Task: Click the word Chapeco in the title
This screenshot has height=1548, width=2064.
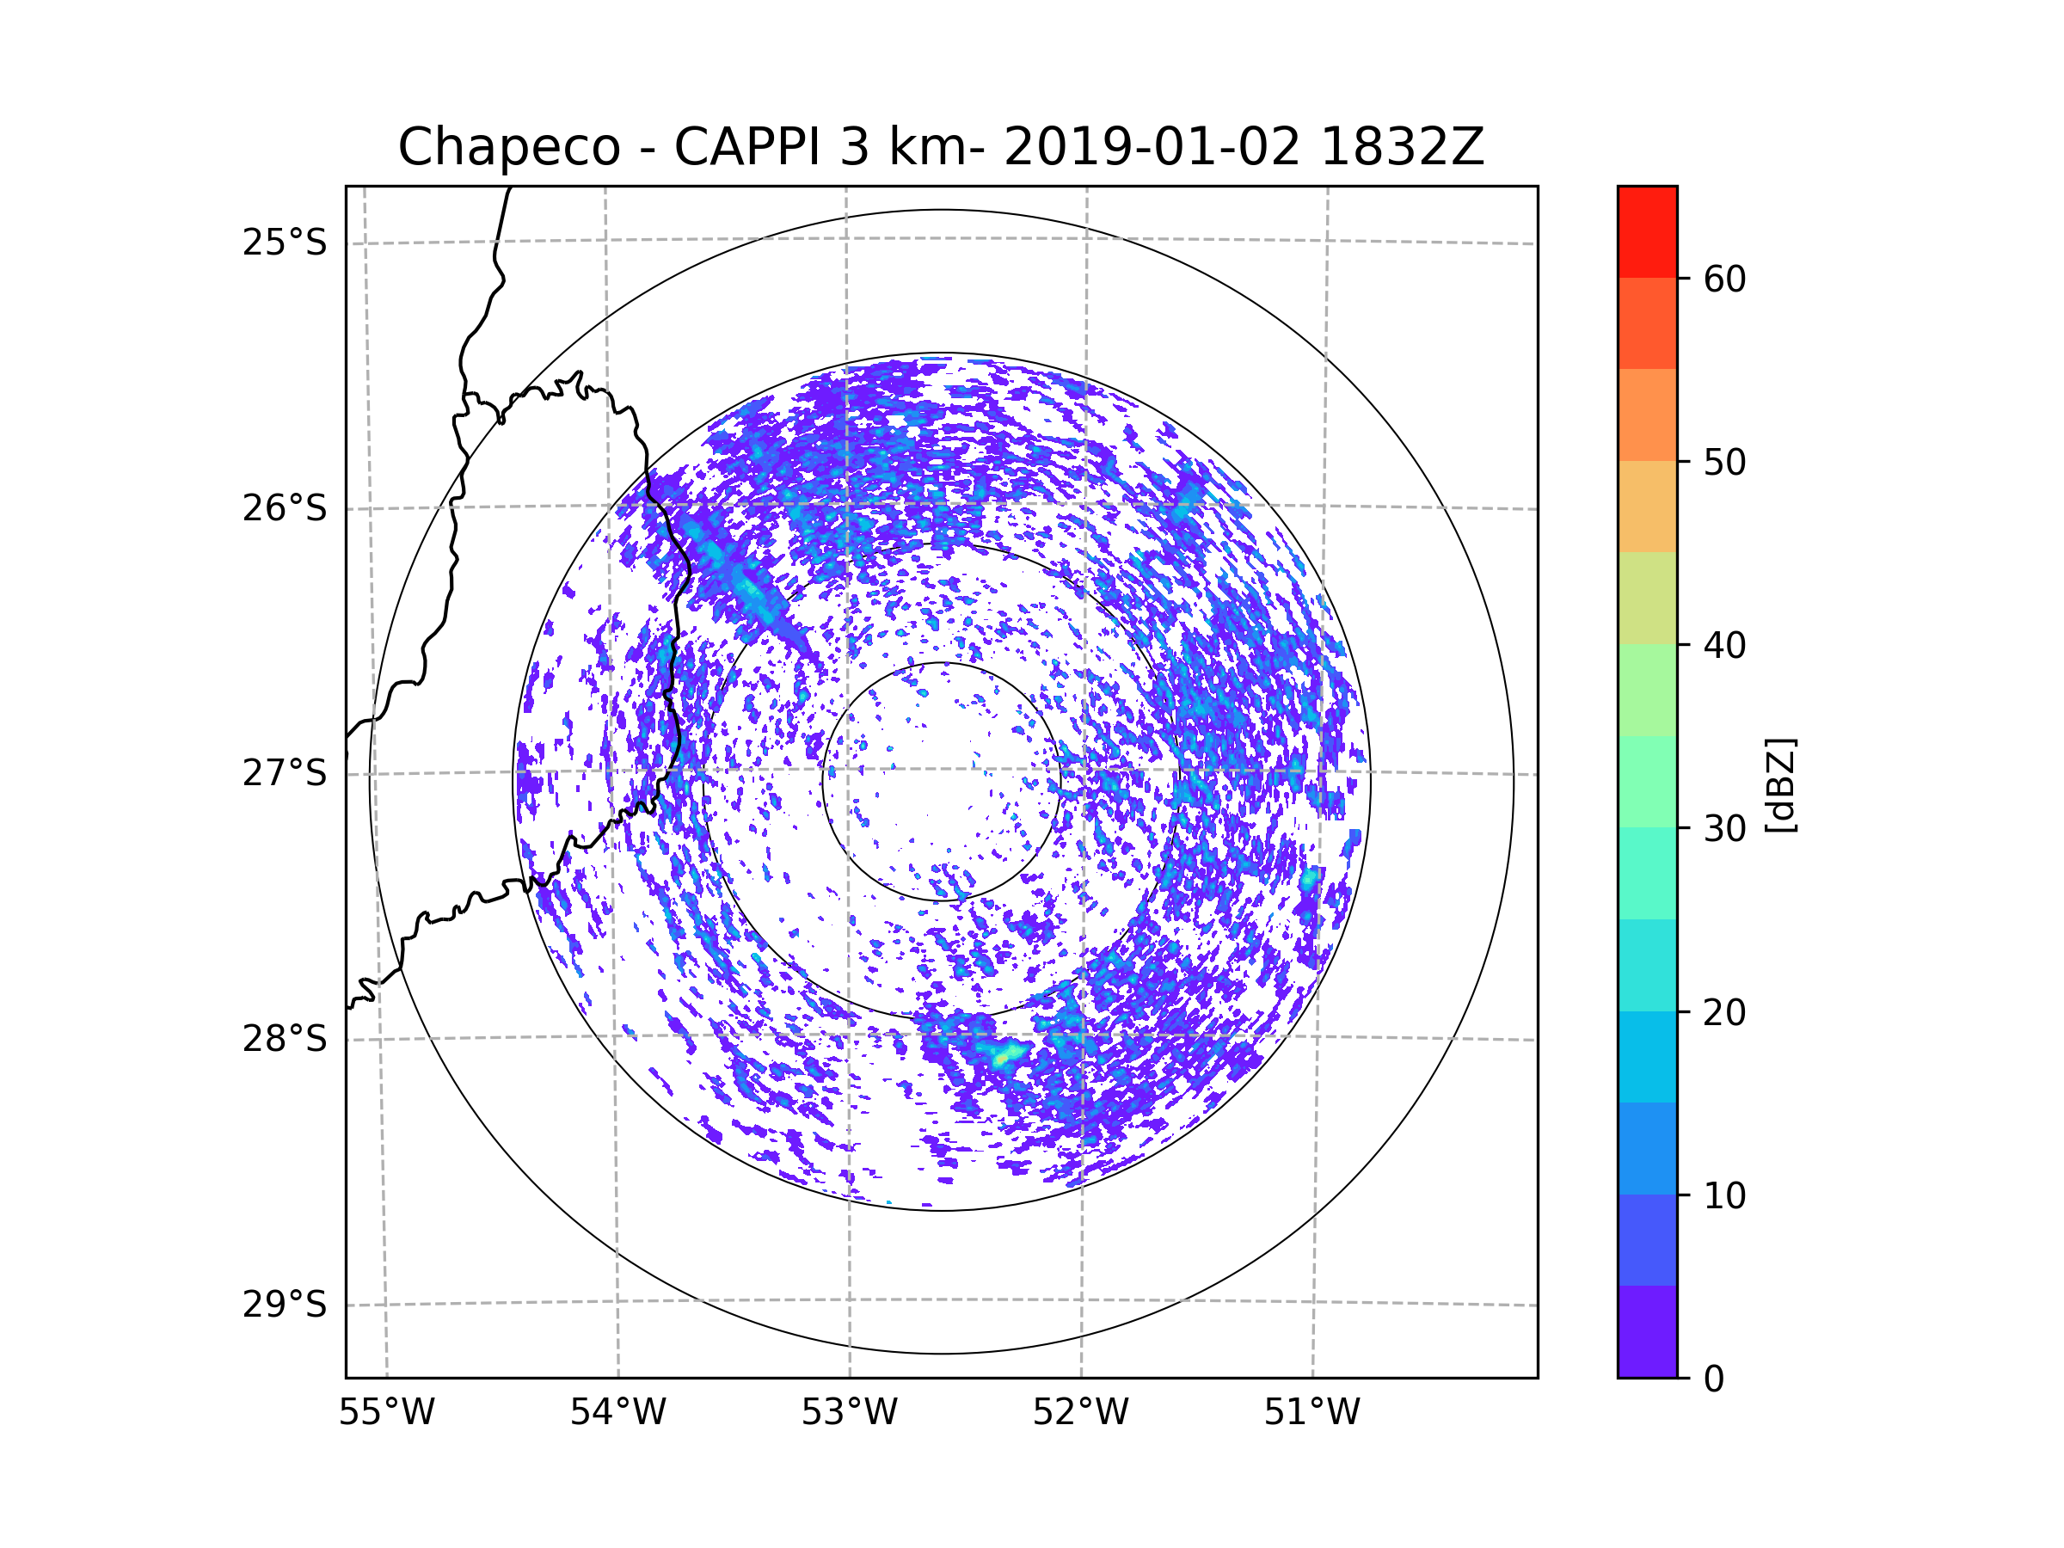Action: (508, 147)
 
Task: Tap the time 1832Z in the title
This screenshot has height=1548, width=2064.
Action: (1402, 147)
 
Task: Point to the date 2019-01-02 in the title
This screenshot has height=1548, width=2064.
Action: (1152, 147)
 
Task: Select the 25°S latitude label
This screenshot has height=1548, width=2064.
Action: (285, 243)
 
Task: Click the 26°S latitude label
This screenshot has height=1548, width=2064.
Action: (285, 508)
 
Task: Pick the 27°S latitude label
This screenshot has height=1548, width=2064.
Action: (285, 773)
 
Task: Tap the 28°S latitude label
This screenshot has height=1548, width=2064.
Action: (285, 1039)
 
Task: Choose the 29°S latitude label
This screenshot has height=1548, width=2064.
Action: (285, 1305)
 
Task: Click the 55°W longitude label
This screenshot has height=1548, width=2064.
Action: (386, 1413)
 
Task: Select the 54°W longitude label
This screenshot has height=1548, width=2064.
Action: (617, 1413)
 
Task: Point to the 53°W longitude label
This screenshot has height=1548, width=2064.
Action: (849, 1413)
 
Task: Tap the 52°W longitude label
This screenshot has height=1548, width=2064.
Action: (1080, 1413)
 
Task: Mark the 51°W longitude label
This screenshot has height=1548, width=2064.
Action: (1311, 1413)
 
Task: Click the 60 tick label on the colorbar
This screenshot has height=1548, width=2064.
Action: (1724, 279)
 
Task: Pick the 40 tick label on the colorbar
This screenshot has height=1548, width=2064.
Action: (1724, 646)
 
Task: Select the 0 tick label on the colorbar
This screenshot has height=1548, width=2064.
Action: (1714, 1379)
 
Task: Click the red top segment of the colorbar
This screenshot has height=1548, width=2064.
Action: (1647, 231)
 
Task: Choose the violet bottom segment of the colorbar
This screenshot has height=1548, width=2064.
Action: (1647, 1332)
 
